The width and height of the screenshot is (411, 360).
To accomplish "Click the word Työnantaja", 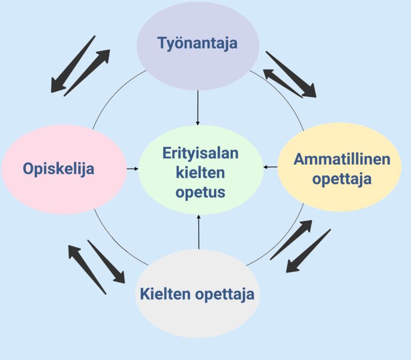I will click(197, 43).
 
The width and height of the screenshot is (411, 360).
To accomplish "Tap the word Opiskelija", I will click(58, 169).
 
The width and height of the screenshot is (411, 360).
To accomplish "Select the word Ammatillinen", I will click(342, 159).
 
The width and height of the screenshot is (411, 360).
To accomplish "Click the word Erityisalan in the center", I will click(201, 154).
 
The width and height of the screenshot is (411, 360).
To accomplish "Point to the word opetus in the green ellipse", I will click(201, 192).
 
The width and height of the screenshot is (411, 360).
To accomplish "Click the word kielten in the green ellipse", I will click(201, 172).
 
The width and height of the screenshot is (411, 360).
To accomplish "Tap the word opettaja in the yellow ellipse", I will click(342, 179).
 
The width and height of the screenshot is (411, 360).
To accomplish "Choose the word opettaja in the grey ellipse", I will click(225, 294).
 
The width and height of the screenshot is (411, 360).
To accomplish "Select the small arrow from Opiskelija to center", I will click(131, 169).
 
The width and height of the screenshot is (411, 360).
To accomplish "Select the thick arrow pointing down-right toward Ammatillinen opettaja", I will click(292, 75).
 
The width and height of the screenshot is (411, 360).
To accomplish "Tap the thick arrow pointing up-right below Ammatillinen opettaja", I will click(291, 240).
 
